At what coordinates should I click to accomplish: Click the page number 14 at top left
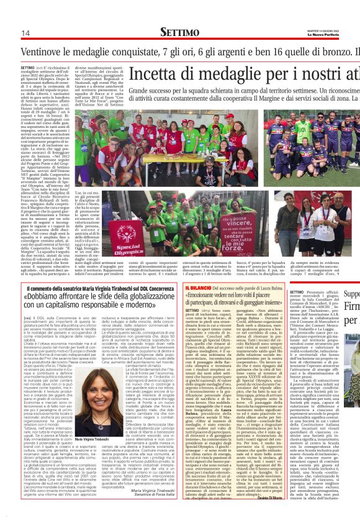pos(26,33)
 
